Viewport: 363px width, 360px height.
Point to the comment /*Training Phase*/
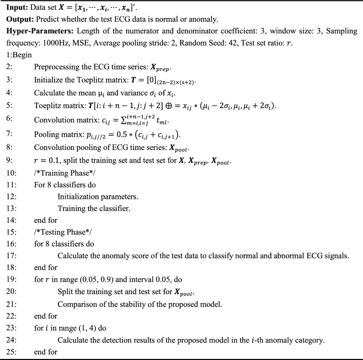coord(65,171)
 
